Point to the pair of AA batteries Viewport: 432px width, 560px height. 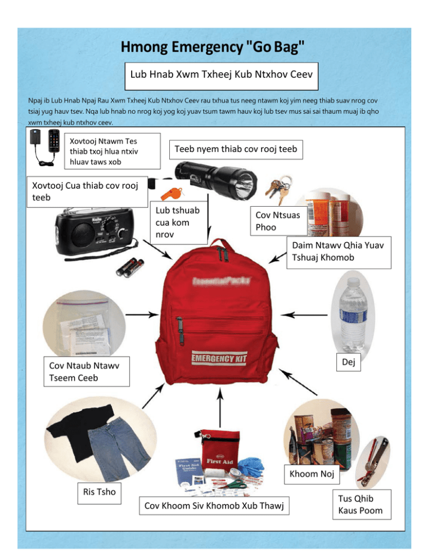click(x=130, y=265)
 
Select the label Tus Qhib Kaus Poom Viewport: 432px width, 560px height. click(x=363, y=504)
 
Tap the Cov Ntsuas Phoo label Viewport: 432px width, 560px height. click(x=277, y=220)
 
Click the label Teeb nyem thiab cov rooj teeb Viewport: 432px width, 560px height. click(x=236, y=149)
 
